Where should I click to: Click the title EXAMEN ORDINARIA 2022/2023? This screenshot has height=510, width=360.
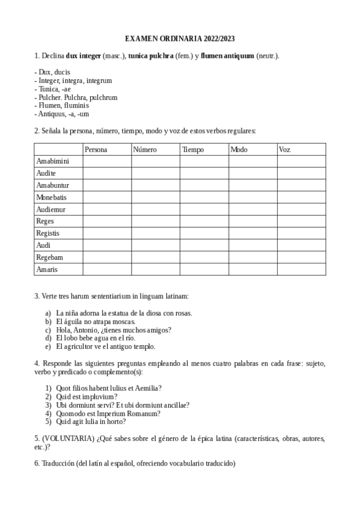click(180, 38)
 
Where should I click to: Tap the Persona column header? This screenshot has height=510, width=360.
click(96, 149)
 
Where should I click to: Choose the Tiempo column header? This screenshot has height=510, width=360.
click(193, 149)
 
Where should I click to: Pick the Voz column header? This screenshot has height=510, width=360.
click(284, 149)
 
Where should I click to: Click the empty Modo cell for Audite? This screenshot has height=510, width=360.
click(252, 173)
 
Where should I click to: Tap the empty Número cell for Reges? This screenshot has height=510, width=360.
click(155, 221)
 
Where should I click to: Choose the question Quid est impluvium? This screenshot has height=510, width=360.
click(87, 397)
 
